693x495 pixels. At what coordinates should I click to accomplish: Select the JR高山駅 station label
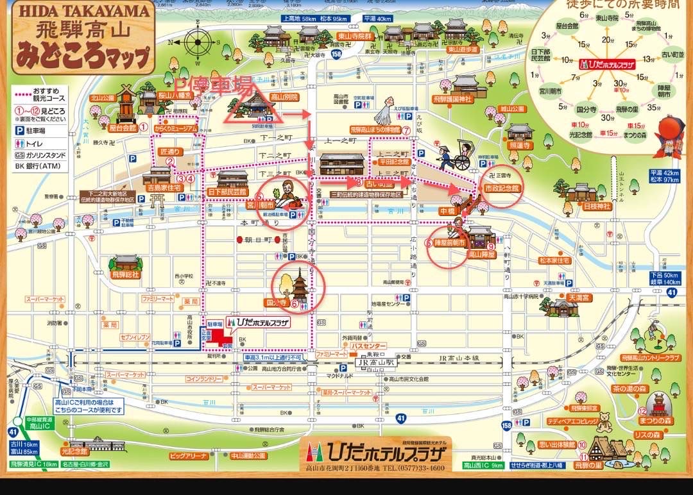coord(371,362)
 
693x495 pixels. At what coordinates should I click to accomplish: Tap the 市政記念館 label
coord(501,188)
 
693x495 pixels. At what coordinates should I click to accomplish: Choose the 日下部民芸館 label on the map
coord(228,192)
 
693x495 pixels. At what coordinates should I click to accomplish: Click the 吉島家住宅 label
coord(158,189)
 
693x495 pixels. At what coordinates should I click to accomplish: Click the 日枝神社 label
coord(596,206)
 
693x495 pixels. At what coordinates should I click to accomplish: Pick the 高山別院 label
coord(283,97)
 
